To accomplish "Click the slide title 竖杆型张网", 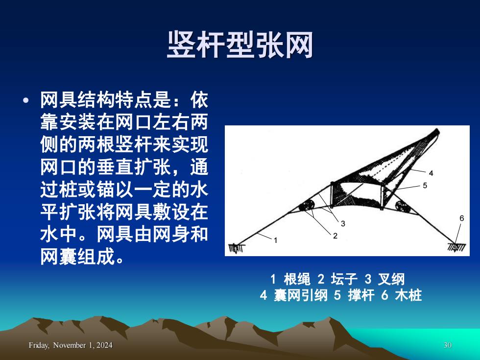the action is coord(240,45).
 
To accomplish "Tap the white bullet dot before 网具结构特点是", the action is coord(26,100).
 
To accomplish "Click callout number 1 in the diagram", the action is coord(275,240).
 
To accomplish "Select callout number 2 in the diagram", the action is coord(335,236).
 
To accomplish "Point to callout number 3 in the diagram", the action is coord(343,224).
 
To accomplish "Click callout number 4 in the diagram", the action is coord(431,173).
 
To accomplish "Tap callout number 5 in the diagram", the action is coord(425,186).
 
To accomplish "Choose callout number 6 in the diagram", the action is coord(461,218).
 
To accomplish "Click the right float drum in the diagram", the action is coord(402,206).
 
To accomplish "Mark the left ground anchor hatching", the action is coord(236,247).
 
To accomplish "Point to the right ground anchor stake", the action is coord(456,247).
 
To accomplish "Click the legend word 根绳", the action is coord(297,279).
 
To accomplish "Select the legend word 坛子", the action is coord(344,279).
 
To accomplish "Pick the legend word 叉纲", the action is coord(391,279).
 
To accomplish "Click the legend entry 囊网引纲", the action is coord(300,295).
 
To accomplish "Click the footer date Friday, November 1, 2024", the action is coord(71,345).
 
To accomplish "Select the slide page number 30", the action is coord(448,345).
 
